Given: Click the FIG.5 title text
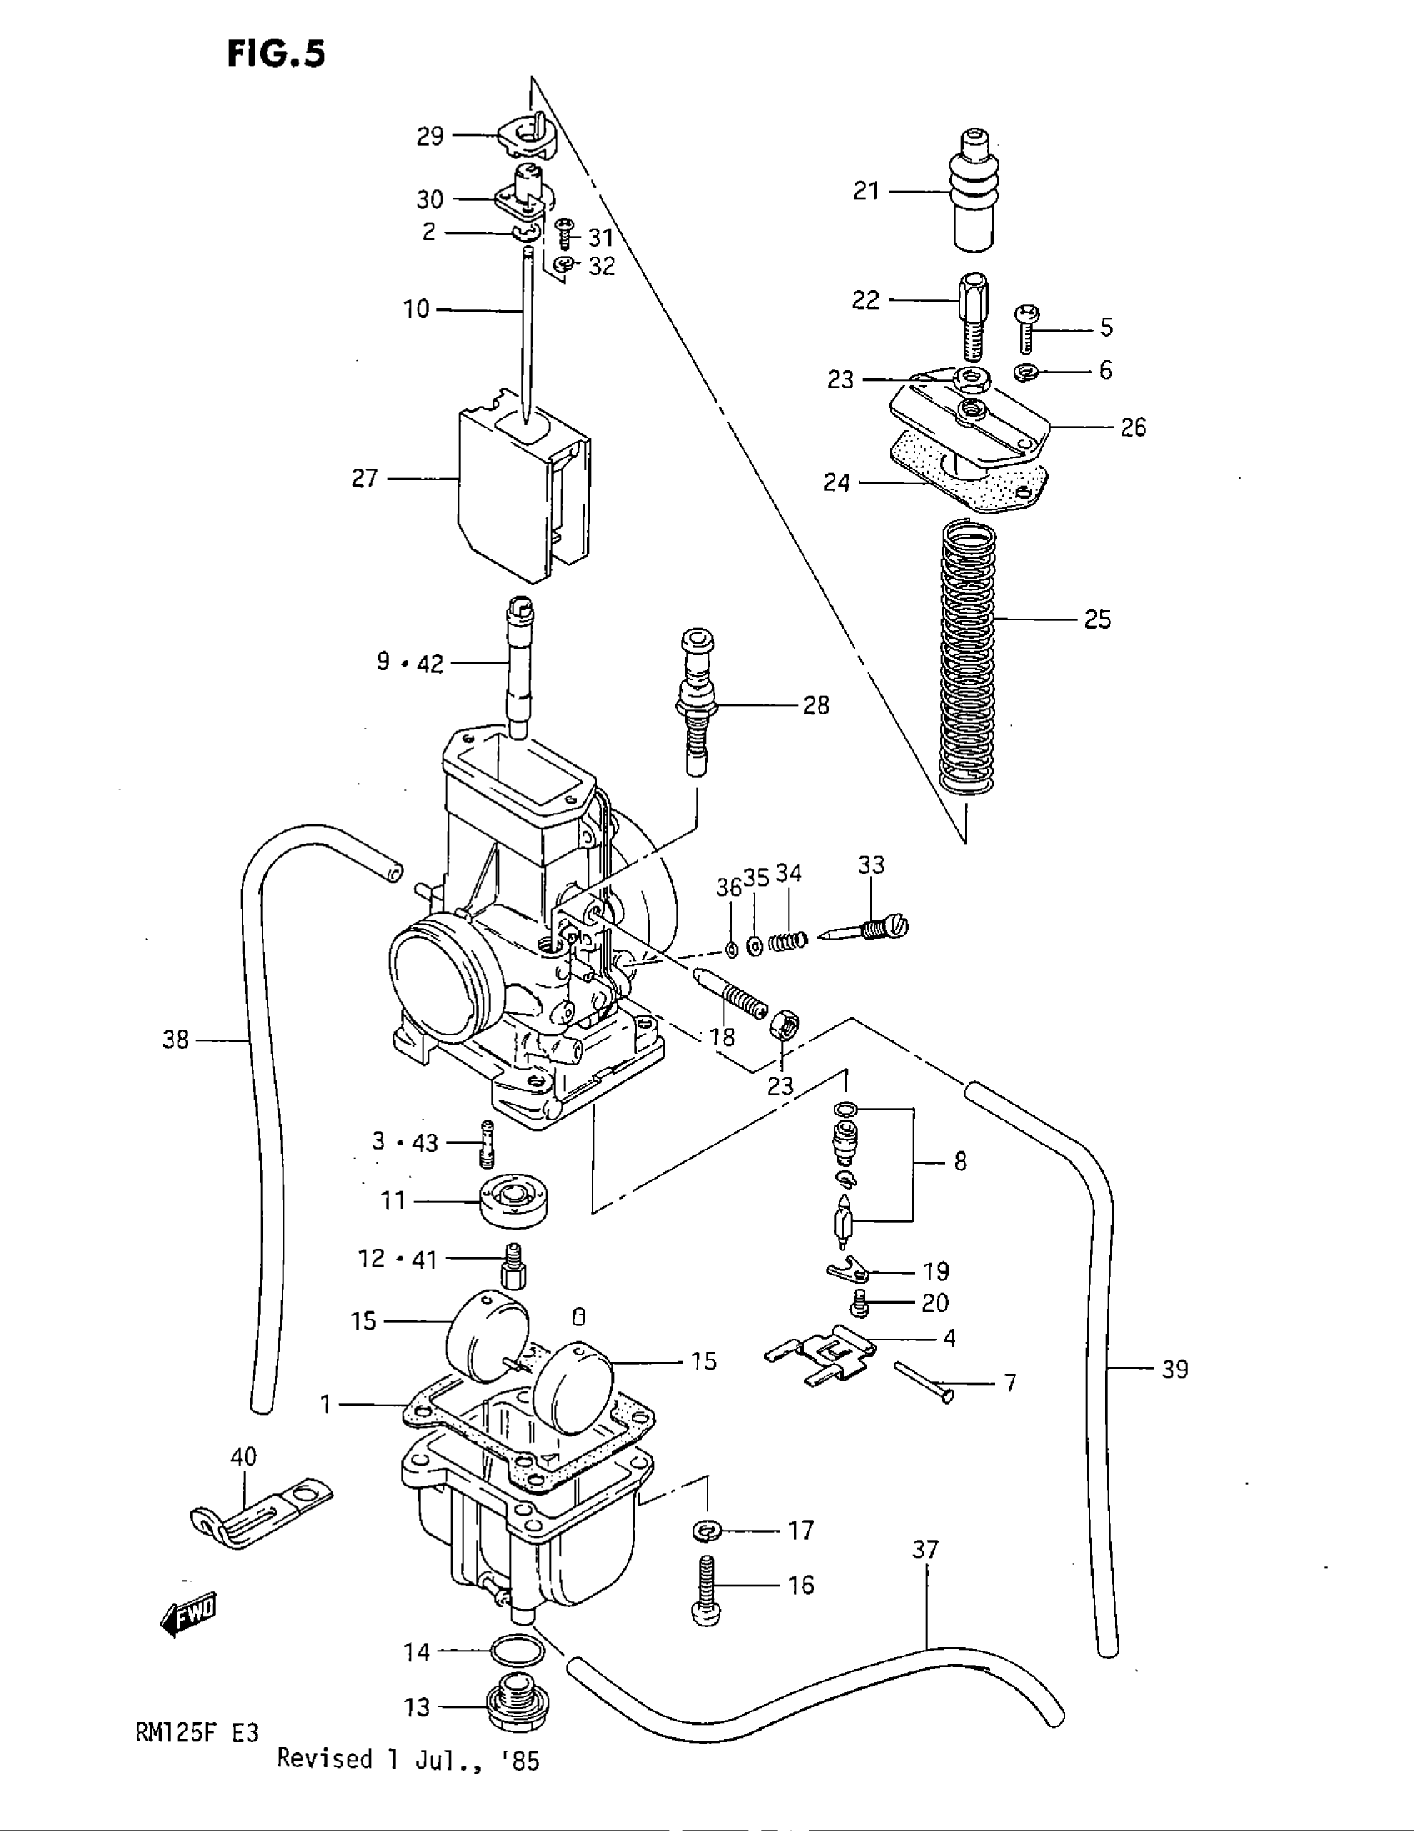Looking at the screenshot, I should tap(275, 53).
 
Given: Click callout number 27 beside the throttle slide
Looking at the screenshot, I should tap(364, 479).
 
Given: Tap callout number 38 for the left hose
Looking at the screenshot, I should tap(175, 1040).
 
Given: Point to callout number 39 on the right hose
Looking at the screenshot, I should tap(1174, 1370).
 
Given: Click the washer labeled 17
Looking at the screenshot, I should tap(707, 1531).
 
